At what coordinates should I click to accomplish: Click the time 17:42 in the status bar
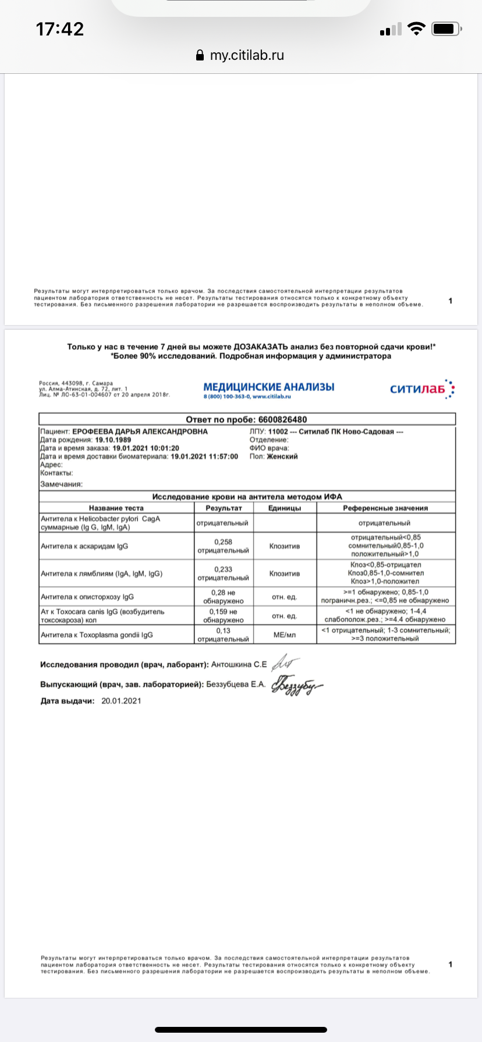60,29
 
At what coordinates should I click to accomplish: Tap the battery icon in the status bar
447,29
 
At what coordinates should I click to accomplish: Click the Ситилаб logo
422,389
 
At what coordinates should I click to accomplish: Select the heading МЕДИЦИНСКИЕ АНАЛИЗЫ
269,387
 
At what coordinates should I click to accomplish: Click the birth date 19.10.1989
113,440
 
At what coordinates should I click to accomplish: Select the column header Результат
224,508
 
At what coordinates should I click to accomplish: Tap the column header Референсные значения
385,508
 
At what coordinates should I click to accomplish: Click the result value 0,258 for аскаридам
223,542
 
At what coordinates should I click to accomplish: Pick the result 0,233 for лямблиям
223,569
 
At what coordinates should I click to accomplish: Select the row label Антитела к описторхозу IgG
87,597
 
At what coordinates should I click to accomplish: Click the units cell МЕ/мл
285,635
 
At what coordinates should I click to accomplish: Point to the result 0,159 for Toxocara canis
223,612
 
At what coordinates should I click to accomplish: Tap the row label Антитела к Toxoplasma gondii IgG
97,635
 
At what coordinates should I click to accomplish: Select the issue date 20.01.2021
121,701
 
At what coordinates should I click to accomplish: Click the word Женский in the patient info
282,456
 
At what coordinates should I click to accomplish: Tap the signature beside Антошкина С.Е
286,663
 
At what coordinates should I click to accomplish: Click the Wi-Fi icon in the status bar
416,29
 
